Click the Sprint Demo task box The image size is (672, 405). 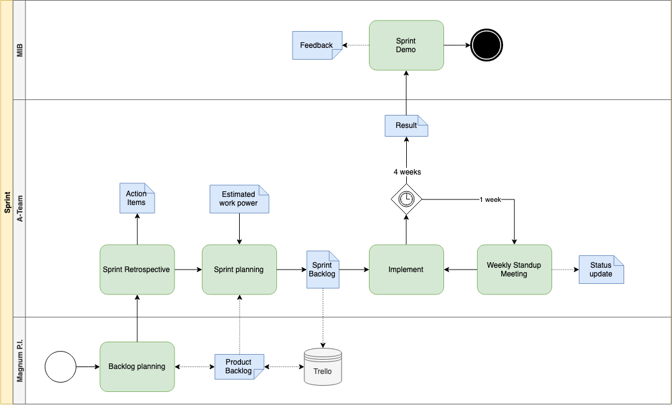click(x=406, y=45)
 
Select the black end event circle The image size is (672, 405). click(x=486, y=45)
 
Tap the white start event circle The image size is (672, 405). click(x=60, y=366)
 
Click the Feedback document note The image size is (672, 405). click(x=317, y=45)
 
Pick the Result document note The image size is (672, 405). click(x=406, y=125)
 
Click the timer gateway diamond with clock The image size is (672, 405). click(x=406, y=199)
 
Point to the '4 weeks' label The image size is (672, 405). click(x=407, y=172)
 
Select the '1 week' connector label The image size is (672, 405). click(x=490, y=199)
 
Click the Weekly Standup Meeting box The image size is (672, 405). click(x=514, y=270)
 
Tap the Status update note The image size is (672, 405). click(x=601, y=270)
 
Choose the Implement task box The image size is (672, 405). click(x=406, y=270)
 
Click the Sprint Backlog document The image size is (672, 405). click(x=323, y=270)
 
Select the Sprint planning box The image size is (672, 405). click(x=239, y=270)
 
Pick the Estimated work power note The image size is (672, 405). click(x=239, y=199)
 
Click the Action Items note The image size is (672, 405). click(x=137, y=198)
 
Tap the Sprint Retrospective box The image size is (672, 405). click(x=137, y=270)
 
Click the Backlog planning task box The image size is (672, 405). click(x=137, y=366)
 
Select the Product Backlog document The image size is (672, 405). click(x=239, y=366)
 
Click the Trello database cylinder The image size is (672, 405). click(x=323, y=366)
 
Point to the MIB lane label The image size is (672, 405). click(x=20, y=50)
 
